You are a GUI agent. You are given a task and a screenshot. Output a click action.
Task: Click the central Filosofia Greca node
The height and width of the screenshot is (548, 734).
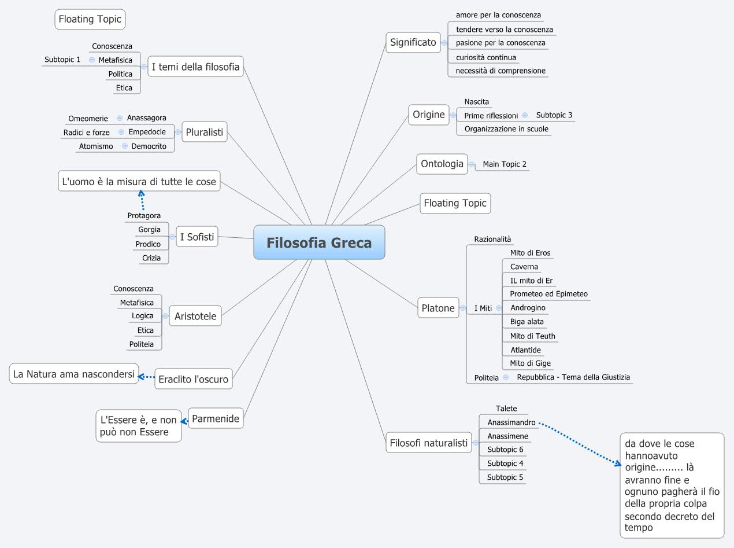(319, 242)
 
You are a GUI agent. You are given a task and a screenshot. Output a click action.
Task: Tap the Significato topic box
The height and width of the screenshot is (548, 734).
(413, 42)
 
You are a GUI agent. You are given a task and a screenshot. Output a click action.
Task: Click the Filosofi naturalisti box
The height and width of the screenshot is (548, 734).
(428, 443)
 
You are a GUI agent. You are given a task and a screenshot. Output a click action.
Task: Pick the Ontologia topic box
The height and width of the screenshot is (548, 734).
(442, 164)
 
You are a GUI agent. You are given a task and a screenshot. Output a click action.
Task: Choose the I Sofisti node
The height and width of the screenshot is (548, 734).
(197, 236)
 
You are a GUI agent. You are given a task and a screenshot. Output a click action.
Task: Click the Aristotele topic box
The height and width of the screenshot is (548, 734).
(195, 316)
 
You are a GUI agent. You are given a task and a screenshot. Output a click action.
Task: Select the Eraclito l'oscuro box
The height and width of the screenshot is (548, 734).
(194, 380)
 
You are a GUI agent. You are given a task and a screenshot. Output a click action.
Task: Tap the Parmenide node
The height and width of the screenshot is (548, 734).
(215, 418)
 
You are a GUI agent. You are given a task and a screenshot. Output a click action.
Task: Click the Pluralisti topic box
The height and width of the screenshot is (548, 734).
(205, 132)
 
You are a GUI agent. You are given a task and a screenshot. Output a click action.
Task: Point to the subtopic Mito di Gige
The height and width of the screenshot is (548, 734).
(530, 363)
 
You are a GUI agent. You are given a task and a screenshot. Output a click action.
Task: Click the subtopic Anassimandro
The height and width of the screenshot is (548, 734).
(511, 422)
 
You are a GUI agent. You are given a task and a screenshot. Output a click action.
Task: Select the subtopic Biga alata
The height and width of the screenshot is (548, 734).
(527, 322)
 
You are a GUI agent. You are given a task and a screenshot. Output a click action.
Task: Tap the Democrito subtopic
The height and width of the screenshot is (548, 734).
(149, 146)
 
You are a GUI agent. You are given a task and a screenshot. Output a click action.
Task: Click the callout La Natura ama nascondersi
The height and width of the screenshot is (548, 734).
(74, 374)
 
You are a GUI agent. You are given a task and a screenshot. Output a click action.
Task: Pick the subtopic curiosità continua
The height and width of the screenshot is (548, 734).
(485, 57)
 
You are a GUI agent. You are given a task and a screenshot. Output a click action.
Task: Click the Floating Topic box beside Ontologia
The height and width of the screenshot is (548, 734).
(455, 203)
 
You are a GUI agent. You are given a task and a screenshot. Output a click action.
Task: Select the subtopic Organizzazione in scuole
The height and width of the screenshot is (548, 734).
(506, 128)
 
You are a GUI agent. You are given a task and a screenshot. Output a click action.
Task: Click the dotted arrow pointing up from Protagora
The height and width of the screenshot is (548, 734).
(142, 200)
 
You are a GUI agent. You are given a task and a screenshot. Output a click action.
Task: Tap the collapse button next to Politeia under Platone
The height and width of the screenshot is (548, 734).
(506, 377)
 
